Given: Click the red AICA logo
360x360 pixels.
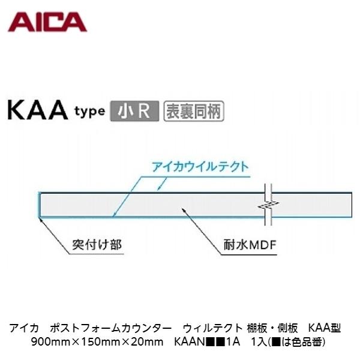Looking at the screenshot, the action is pyautogui.click(x=47, y=23).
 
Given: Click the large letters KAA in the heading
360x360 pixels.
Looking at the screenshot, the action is pyautogui.click(x=38, y=112).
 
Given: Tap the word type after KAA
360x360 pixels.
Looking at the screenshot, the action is pyautogui.click(x=90, y=113).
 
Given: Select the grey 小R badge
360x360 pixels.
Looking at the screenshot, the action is pyautogui.click(x=134, y=112).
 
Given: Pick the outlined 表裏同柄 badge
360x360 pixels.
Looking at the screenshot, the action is pyautogui.click(x=193, y=112).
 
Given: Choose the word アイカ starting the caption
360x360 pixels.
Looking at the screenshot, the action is pyautogui.click(x=25, y=328).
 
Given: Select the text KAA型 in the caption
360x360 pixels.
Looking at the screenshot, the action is pyautogui.click(x=324, y=328).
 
